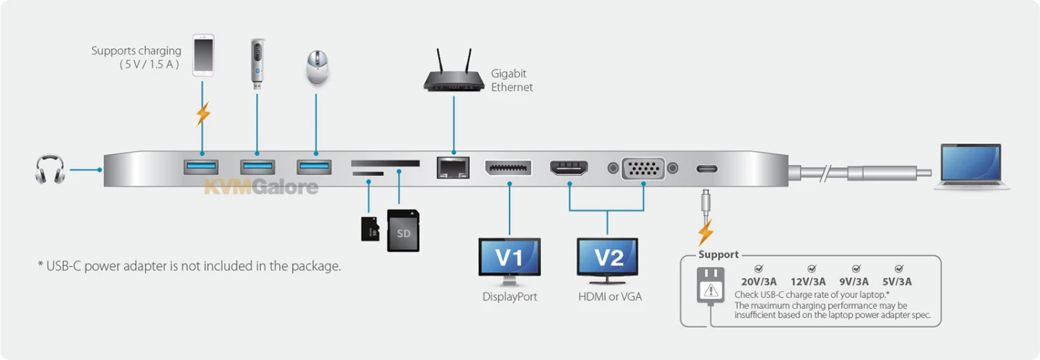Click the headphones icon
50,169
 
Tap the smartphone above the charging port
203,55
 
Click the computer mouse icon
315,68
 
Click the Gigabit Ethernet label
512,80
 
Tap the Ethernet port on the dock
453,168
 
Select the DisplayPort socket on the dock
508,168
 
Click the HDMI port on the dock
569,168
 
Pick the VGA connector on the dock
643,169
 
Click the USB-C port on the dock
707,169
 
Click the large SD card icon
404,230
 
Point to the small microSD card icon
370,228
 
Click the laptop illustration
971,166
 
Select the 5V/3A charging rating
898,281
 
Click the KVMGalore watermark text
261,187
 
